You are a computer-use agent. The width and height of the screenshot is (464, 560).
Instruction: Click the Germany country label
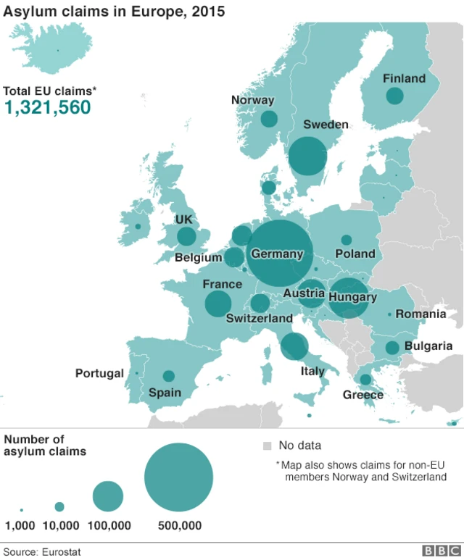pyautogui.click(x=277, y=254)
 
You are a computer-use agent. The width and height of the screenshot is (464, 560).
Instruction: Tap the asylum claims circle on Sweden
pyautogui.click(x=307, y=156)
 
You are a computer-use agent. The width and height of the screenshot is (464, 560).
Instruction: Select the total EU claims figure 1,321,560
pyautogui.click(x=48, y=108)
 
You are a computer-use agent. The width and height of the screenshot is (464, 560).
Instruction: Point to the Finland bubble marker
pyautogui.click(x=394, y=96)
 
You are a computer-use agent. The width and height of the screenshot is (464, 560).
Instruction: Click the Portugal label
pyautogui.click(x=99, y=374)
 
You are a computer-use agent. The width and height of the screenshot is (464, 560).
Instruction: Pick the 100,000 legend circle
pyautogui.click(x=108, y=496)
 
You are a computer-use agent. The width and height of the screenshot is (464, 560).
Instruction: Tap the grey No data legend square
pyautogui.click(x=267, y=446)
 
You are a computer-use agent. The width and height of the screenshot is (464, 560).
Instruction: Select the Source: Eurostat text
pyautogui.click(x=42, y=552)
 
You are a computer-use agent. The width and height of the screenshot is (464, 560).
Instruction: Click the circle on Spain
pyautogui.click(x=168, y=376)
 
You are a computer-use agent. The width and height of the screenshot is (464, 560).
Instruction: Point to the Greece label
pyautogui.click(x=363, y=395)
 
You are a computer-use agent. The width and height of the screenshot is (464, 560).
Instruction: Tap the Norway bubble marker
pyautogui.click(x=269, y=119)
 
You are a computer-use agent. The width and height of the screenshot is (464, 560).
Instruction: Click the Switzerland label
pyautogui.click(x=260, y=319)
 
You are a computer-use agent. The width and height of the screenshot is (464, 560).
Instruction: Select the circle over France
pyautogui.click(x=217, y=304)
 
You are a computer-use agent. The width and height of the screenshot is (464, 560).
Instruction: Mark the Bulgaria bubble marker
pyautogui.click(x=392, y=348)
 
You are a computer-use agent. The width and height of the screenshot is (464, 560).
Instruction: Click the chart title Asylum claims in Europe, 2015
pyautogui.click(x=114, y=12)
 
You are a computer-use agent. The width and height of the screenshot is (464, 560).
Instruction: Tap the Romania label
pyautogui.click(x=420, y=314)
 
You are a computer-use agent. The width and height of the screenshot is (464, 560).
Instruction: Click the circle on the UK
pyautogui.click(x=186, y=236)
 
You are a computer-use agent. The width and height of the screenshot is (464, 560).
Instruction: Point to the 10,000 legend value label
pyautogui.click(x=61, y=526)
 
